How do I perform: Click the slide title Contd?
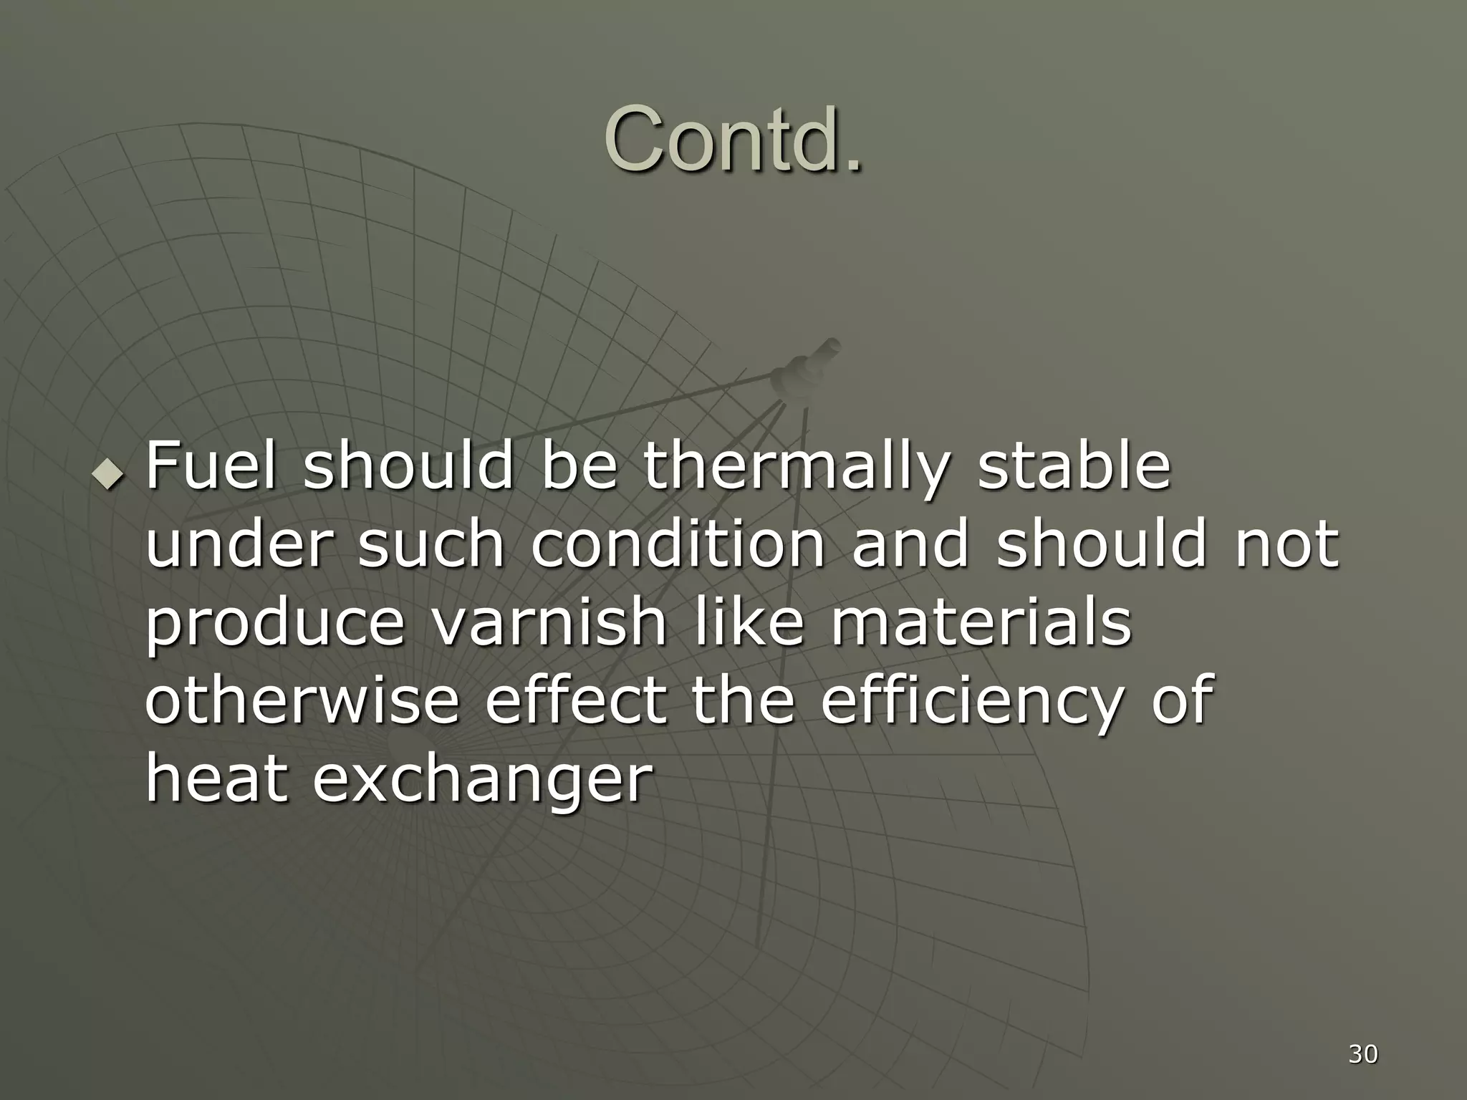click(733, 139)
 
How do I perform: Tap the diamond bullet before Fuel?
click(109, 474)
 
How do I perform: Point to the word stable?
click(1074, 466)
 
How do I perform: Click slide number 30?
click(1362, 1054)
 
